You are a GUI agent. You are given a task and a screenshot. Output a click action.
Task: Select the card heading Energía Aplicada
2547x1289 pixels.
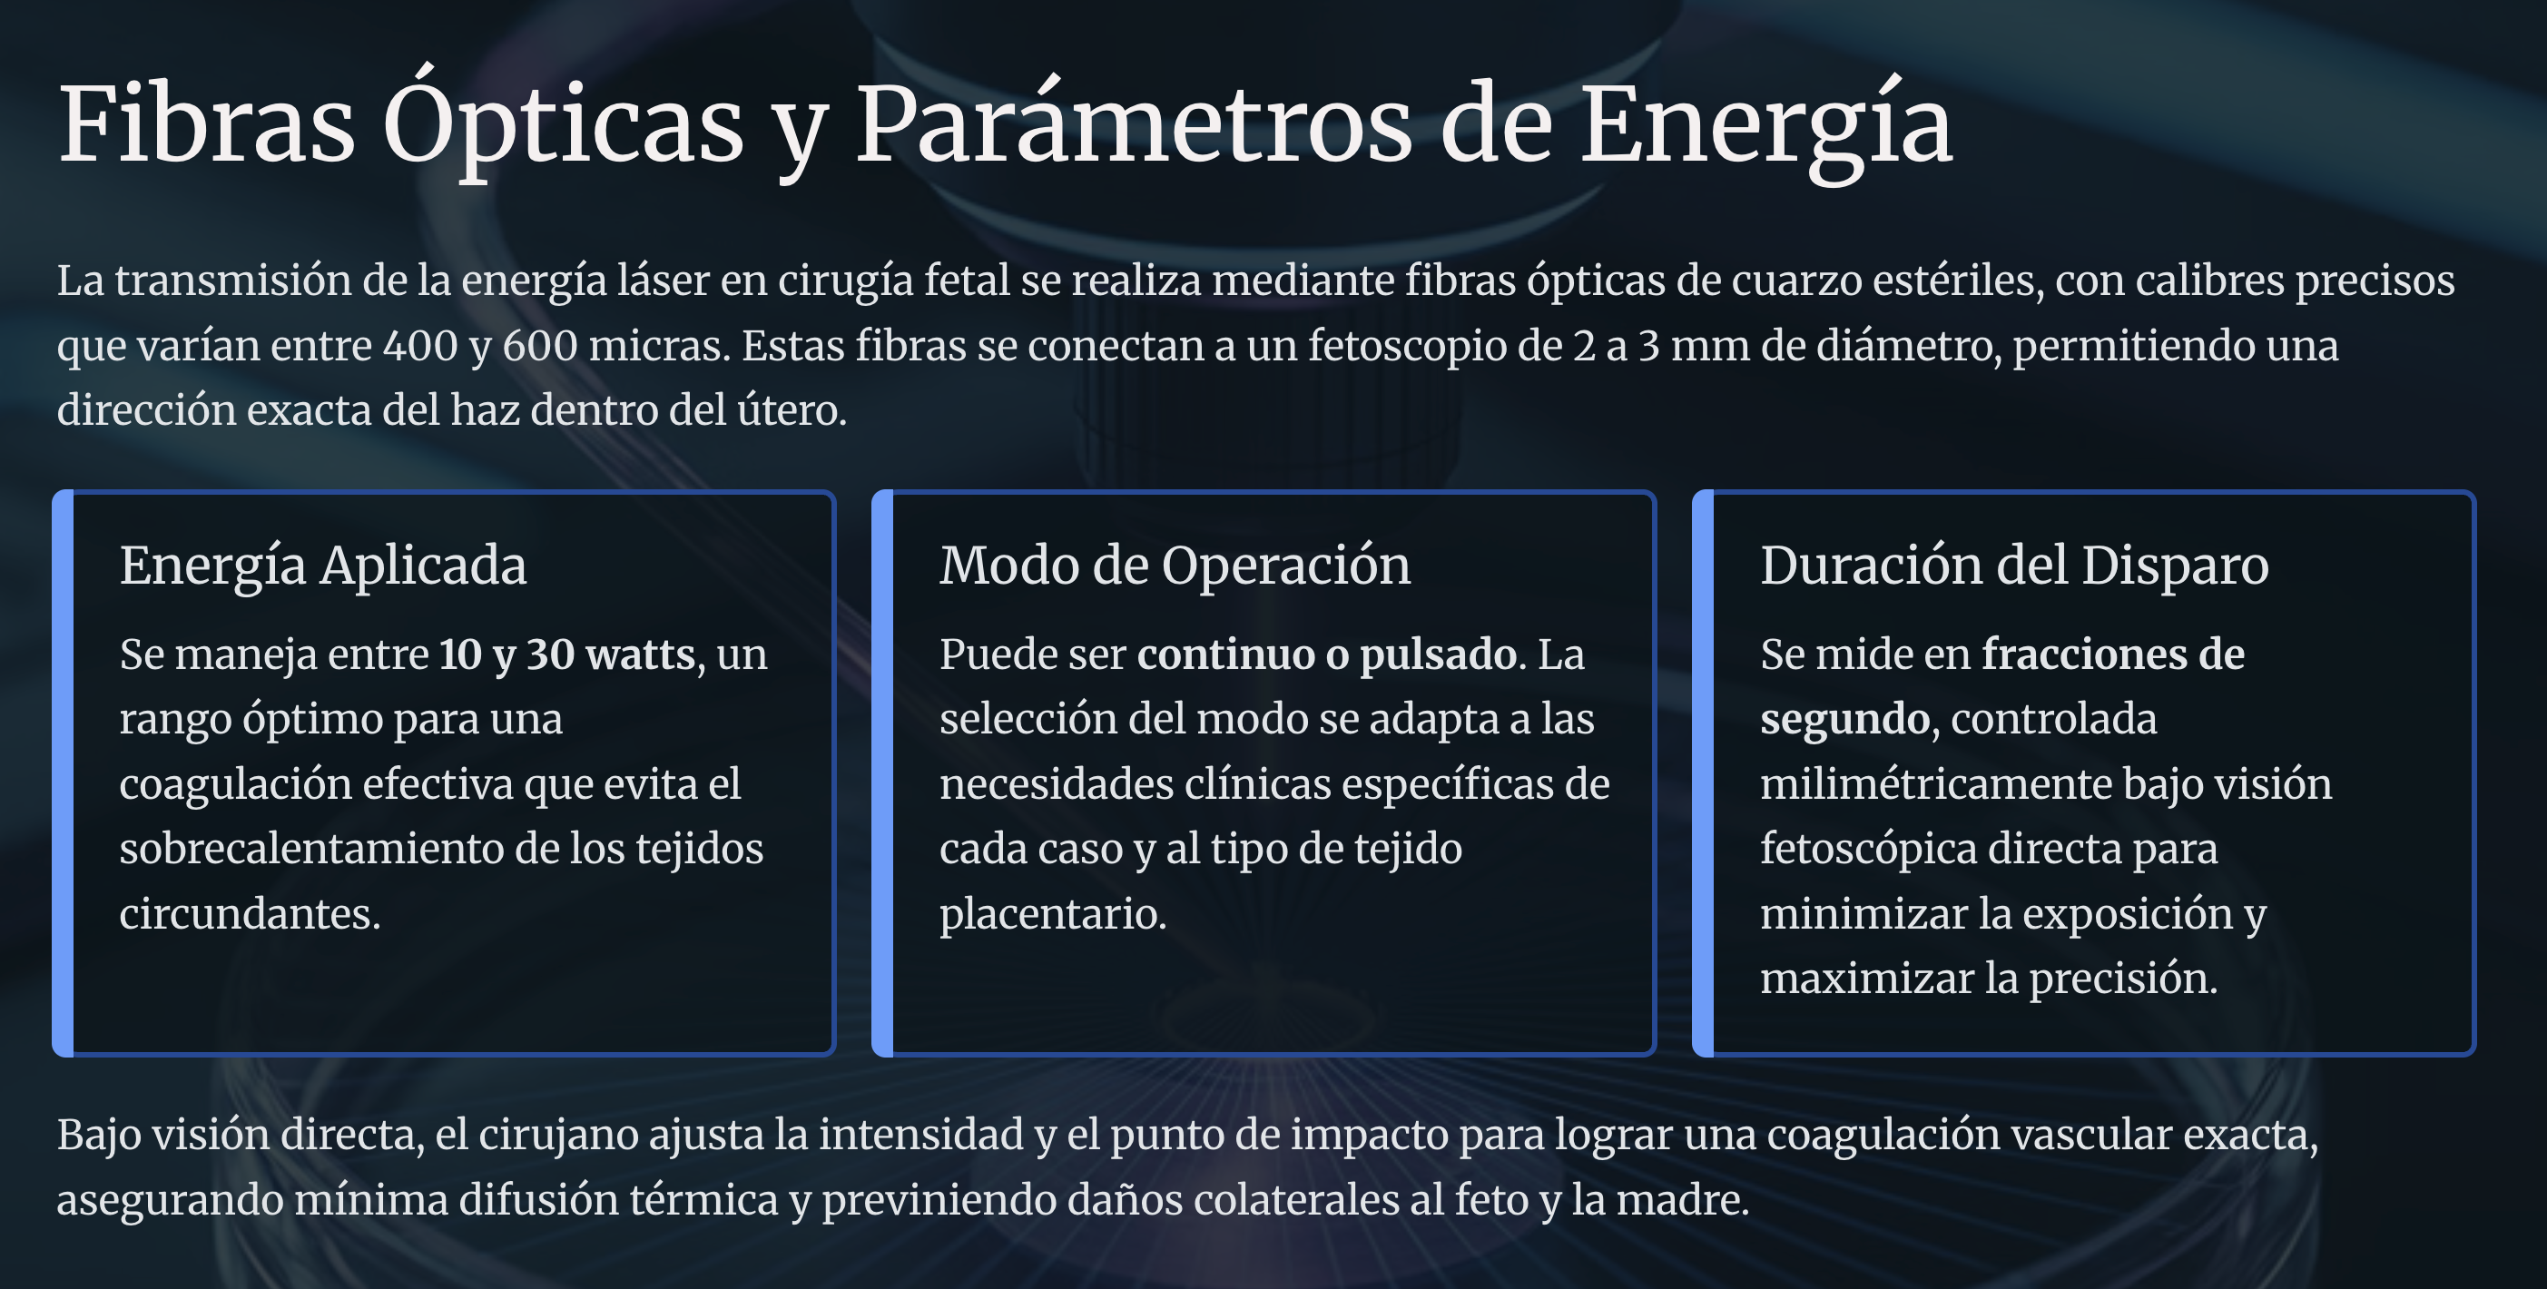(323, 566)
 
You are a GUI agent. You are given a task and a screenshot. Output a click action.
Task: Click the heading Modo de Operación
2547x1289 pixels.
(1175, 566)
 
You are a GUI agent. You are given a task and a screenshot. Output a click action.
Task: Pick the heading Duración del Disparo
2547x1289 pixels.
(2014, 566)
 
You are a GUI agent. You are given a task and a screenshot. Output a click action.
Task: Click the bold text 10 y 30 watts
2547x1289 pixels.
(567, 654)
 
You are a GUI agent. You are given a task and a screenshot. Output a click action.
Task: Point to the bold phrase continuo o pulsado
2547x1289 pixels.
(1327, 654)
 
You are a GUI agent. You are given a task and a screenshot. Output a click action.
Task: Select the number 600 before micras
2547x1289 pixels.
(540, 346)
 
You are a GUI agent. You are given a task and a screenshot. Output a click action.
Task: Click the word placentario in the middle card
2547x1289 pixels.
(1053, 914)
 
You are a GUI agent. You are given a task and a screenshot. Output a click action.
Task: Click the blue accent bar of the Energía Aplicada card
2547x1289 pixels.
(63, 773)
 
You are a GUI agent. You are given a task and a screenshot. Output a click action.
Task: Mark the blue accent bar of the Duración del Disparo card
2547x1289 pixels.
(1703, 773)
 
